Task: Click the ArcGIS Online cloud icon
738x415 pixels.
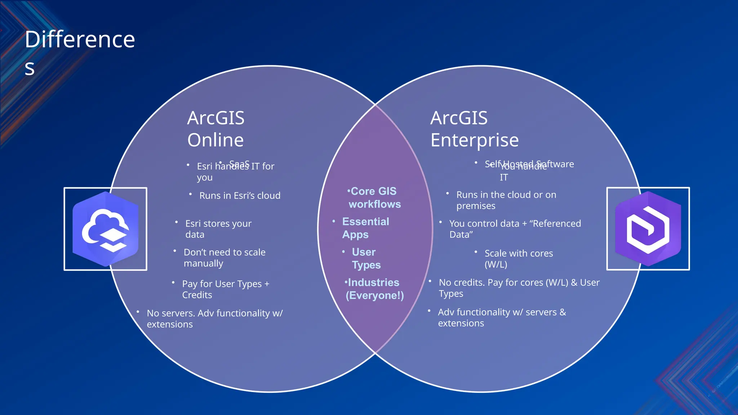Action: click(105, 229)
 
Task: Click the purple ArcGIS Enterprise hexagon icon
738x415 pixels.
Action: click(648, 229)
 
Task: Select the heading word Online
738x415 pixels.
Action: click(215, 140)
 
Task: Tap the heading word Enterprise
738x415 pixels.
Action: click(475, 140)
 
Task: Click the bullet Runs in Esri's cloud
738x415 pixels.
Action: click(240, 196)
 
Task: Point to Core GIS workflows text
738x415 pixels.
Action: click(374, 198)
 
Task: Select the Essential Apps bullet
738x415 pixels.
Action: click(365, 228)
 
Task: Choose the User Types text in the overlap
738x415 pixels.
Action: click(366, 258)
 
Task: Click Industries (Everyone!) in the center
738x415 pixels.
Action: click(374, 289)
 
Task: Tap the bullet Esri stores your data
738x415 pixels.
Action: click(218, 229)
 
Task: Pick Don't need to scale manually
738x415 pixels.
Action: click(224, 258)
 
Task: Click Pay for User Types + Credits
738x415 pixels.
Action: click(225, 289)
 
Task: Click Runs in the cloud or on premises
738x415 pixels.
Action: click(506, 200)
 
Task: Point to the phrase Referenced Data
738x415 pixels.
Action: click(557, 224)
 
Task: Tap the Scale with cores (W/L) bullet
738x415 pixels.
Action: click(518, 259)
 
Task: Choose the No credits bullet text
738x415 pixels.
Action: click(519, 288)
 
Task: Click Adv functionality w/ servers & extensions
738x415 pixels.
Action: click(502, 317)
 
